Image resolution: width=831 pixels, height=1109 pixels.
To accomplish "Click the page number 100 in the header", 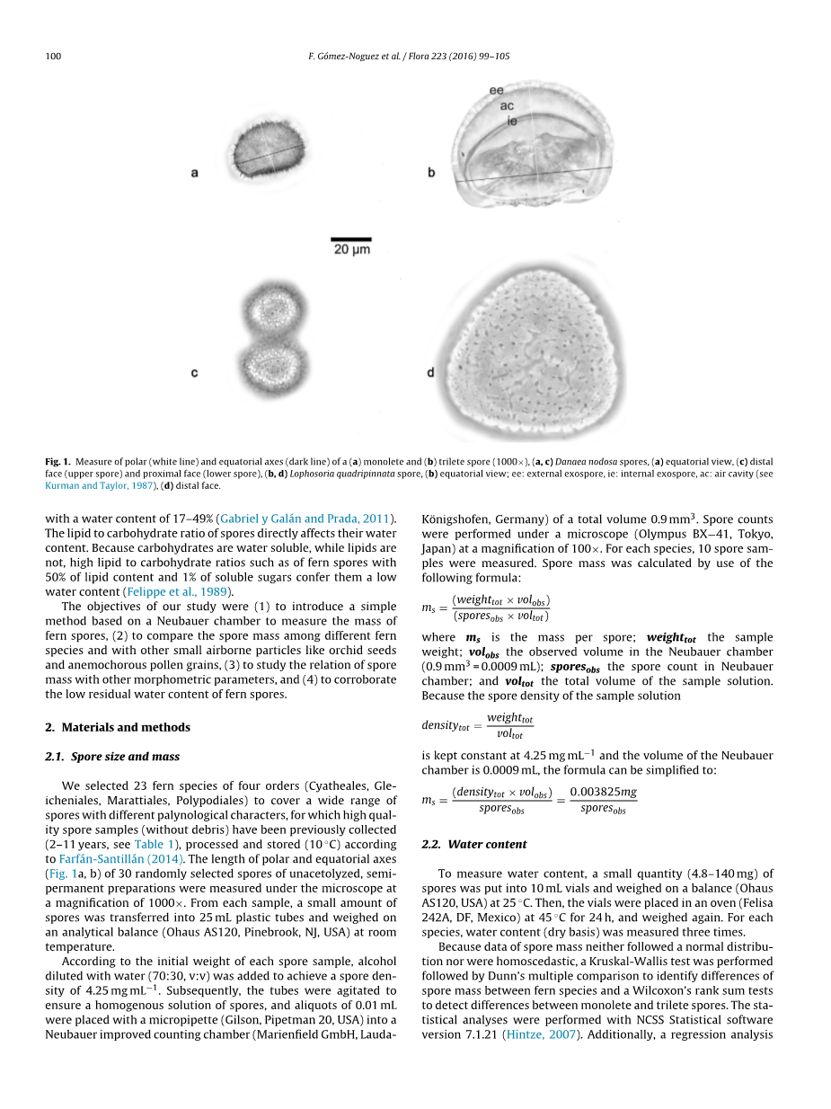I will pyautogui.click(x=52, y=57).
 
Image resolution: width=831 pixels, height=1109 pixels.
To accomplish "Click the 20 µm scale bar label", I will pyautogui.click(x=352, y=249).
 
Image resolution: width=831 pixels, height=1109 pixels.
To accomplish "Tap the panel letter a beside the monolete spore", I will pyautogui.click(x=194, y=173).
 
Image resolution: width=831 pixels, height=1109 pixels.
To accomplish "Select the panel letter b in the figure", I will pyautogui.click(x=431, y=173).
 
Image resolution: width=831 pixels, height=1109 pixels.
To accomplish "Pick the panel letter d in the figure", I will pyautogui.click(x=431, y=371).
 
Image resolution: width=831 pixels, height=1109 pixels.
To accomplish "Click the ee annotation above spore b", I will pyautogui.click(x=496, y=91).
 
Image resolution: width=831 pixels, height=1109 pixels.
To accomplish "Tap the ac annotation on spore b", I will pyautogui.click(x=507, y=105).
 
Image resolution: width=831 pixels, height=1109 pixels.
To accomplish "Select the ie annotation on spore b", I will pyautogui.click(x=512, y=120).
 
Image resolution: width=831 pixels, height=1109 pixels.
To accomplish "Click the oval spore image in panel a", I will pyautogui.click(x=267, y=154).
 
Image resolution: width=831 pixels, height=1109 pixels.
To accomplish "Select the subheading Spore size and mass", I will pyautogui.click(x=119, y=757).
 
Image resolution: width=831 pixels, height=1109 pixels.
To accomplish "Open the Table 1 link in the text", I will pyautogui.click(x=149, y=844).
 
